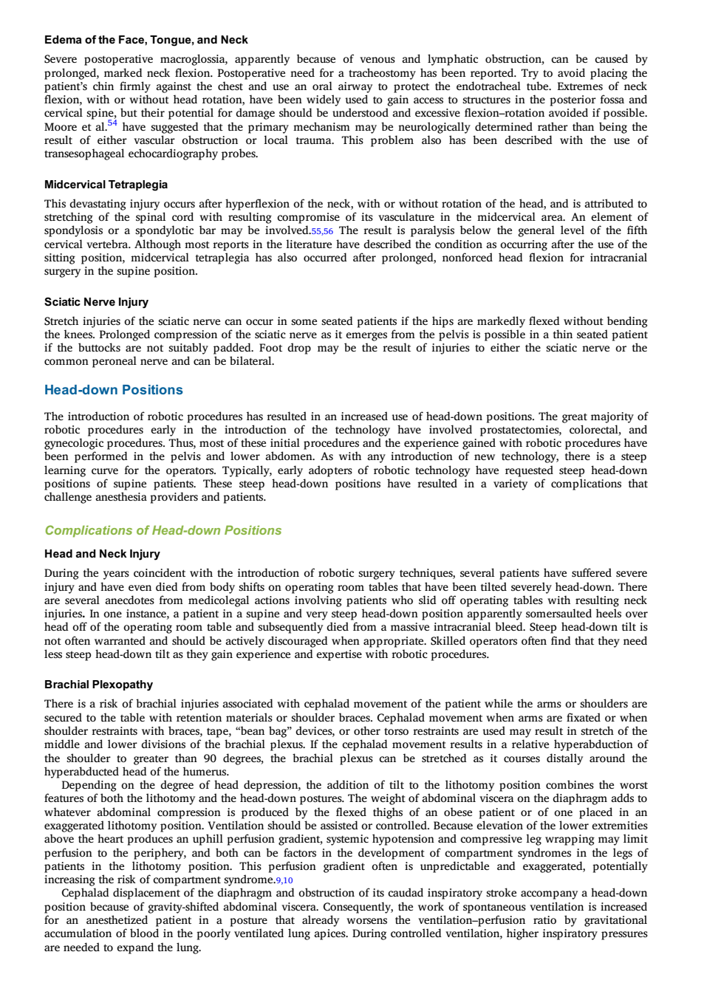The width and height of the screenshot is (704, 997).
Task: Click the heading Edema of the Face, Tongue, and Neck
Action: (x=146, y=40)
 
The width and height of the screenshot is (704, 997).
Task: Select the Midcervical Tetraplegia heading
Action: (x=106, y=185)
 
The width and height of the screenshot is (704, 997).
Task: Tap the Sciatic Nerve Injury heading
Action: (x=96, y=302)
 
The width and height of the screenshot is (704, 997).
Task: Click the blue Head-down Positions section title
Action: (x=114, y=390)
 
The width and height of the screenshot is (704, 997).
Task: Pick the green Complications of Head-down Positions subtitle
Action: (x=163, y=530)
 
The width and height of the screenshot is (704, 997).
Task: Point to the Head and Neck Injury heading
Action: (x=102, y=554)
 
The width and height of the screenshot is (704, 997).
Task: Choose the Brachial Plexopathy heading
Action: (x=98, y=685)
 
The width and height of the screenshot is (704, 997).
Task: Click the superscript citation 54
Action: (x=112, y=123)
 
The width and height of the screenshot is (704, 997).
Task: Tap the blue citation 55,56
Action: (x=322, y=231)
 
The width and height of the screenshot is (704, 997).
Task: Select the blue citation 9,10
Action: (x=284, y=880)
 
